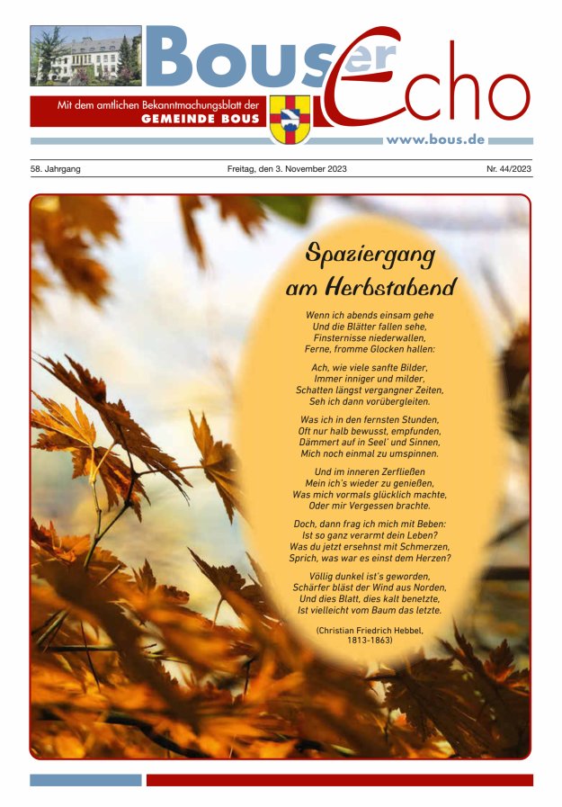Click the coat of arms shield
tap(290, 118)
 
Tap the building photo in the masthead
tap(85, 56)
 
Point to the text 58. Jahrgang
tap(55, 169)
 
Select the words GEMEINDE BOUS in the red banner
tap(201, 119)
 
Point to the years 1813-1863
tap(370, 641)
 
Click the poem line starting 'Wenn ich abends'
tap(370, 316)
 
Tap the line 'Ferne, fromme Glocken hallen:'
tap(370, 348)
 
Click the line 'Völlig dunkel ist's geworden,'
tap(370, 577)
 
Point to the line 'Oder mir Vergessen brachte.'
tap(370, 506)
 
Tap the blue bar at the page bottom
tap(85, 780)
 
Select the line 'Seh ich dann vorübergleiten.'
tap(370, 400)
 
